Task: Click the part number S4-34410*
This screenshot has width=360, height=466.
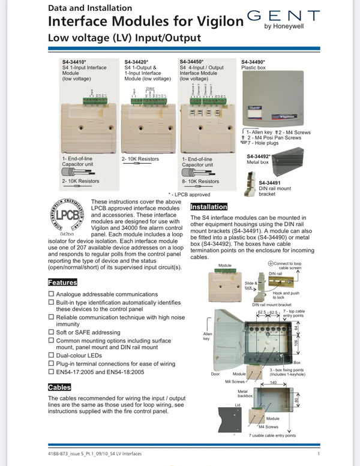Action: pyautogui.click(x=76, y=61)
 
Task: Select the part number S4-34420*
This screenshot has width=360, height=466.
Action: pyautogui.click(x=137, y=61)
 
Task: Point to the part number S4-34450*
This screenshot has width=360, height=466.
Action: pyautogui.click(x=193, y=61)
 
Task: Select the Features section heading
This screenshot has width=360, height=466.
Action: pyautogui.click(x=62, y=282)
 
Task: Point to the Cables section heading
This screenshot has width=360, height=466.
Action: pyautogui.click(x=59, y=387)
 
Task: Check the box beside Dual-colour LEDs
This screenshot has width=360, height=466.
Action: pyautogui.click(x=51, y=355)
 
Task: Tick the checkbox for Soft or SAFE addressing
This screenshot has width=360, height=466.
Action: pyautogui.click(x=51, y=332)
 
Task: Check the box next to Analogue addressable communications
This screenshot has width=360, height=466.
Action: pyautogui.click(x=51, y=294)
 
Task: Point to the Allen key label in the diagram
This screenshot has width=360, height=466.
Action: pyautogui.click(x=208, y=336)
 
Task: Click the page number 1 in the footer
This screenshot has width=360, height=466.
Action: pyautogui.click(x=318, y=454)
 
